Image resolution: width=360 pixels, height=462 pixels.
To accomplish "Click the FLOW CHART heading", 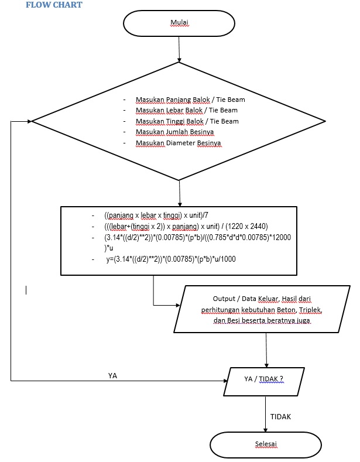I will pyautogui.click(x=54, y=5).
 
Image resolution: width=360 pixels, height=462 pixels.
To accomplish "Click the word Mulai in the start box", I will pyautogui.click(x=179, y=22).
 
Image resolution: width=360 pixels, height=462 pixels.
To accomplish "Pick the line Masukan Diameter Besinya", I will pyautogui.click(x=179, y=143).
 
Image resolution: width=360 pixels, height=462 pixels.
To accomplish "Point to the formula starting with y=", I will pyautogui.click(x=171, y=259).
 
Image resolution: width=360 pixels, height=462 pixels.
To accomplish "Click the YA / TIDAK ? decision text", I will pyautogui.click(x=263, y=379).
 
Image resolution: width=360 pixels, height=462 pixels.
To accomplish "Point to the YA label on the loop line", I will pyautogui.click(x=112, y=375).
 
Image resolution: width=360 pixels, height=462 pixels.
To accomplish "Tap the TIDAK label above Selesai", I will pyautogui.click(x=280, y=417).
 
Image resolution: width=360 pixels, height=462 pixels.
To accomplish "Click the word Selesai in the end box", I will pyautogui.click(x=265, y=444).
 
